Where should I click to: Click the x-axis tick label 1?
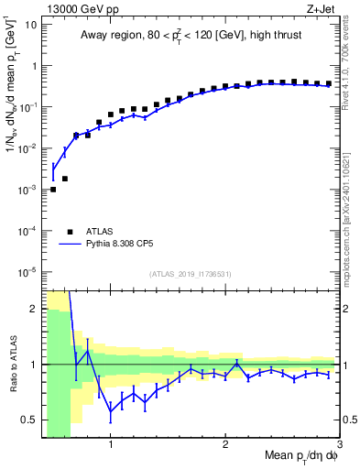click(x=111, y=445)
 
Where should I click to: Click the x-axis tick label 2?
click(x=226, y=445)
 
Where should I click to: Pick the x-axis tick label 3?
click(x=341, y=445)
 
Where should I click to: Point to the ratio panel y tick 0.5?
click(x=30, y=420)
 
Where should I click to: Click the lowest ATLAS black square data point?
click(x=53, y=190)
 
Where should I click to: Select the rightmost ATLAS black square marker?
click(x=329, y=83)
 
